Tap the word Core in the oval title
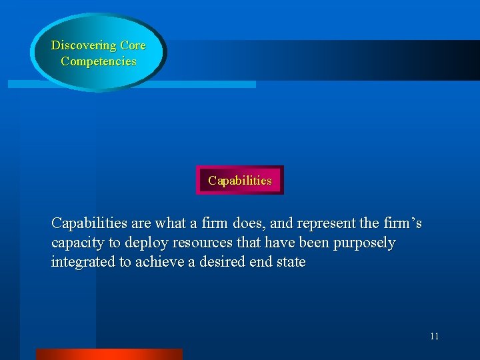(x=133, y=46)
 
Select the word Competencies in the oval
(x=99, y=61)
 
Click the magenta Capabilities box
(x=240, y=180)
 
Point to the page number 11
(x=434, y=336)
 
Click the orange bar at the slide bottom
(x=109, y=354)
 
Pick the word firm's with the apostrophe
(x=400, y=222)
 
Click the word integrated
(x=83, y=262)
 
